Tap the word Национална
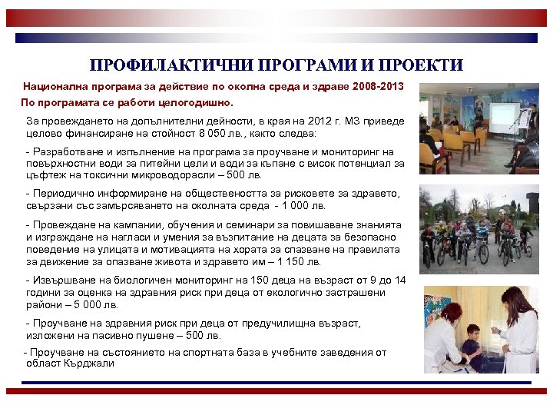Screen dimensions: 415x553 click(55, 86)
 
